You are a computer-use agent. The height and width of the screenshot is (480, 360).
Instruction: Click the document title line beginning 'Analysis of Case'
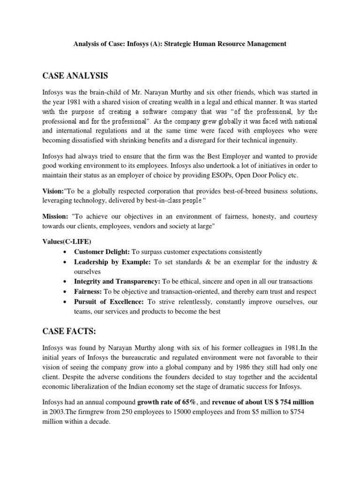click(180, 44)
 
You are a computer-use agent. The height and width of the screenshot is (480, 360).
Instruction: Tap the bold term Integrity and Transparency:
click(117, 281)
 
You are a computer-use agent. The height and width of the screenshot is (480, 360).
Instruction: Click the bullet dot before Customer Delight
click(63, 252)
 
